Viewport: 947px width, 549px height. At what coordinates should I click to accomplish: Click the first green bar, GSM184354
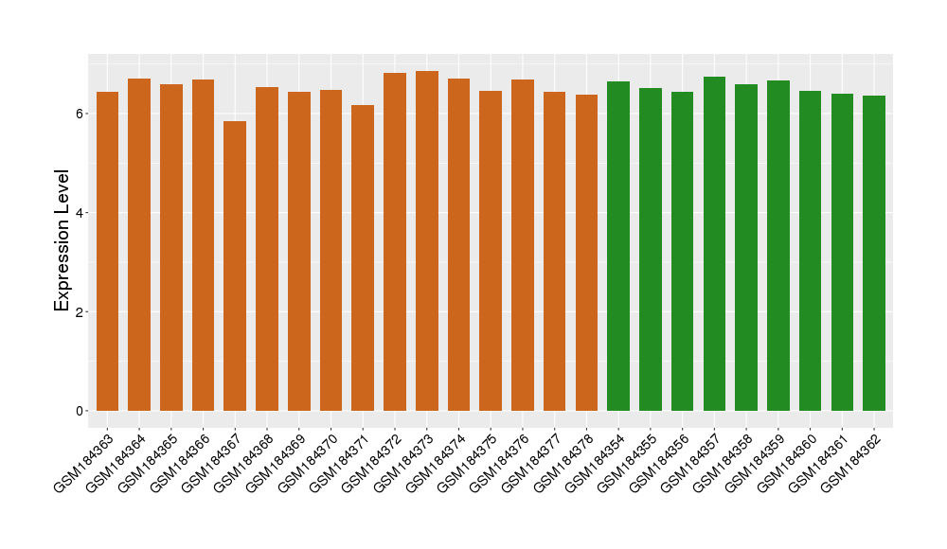pyautogui.click(x=618, y=246)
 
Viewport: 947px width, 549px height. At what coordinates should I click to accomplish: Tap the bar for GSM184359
pyautogui.click(x=778, y=245)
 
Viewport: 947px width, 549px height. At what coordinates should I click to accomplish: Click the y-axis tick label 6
pyautogui.click(x=80, y=114)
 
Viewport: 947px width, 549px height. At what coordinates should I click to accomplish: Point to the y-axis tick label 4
pyautogui.click(x=80, y=213)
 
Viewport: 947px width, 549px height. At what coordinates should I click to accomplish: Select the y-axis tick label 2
pyautogui.click(x=80, y=312)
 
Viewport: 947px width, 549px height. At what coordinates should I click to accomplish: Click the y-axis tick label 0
pyautogui.click(x=80, y=411)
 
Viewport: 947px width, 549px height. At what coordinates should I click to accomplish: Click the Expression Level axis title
pyautogui.click(x=63, y=239)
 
